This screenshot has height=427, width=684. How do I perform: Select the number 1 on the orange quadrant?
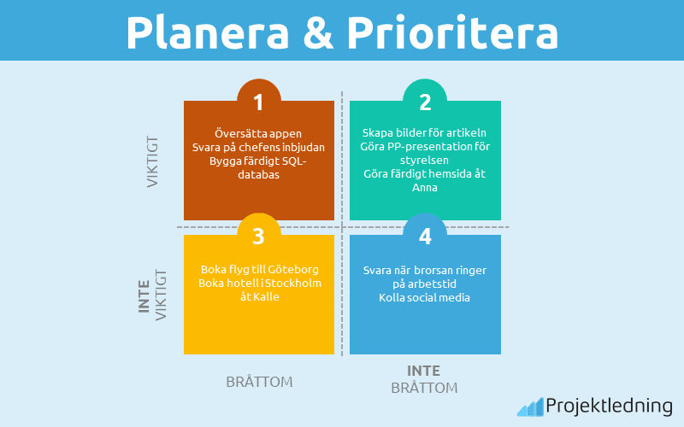[258, 102]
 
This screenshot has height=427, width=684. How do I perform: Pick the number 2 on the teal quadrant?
[425, 102]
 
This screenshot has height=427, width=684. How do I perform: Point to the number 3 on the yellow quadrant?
[258, 234]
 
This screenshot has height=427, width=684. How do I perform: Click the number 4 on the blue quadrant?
[425, 234]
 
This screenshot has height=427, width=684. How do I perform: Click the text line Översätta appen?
[259, 134]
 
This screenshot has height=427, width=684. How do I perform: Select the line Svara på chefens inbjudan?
[259, 148]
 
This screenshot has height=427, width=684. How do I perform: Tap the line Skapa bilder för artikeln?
[425, 133]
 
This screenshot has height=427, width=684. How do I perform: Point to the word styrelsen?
[425, 160]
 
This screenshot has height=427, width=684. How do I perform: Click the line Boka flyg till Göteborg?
[259, 269]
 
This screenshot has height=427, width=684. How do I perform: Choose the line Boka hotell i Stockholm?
[259, 283]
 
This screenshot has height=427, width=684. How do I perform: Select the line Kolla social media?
[425, 297]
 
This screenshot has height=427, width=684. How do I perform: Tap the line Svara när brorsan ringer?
[425, 270]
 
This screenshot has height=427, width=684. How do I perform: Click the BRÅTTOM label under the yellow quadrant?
[259, 382]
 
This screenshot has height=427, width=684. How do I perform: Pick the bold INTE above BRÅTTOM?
[424, 371]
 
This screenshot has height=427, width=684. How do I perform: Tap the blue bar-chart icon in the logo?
[529, 407]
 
